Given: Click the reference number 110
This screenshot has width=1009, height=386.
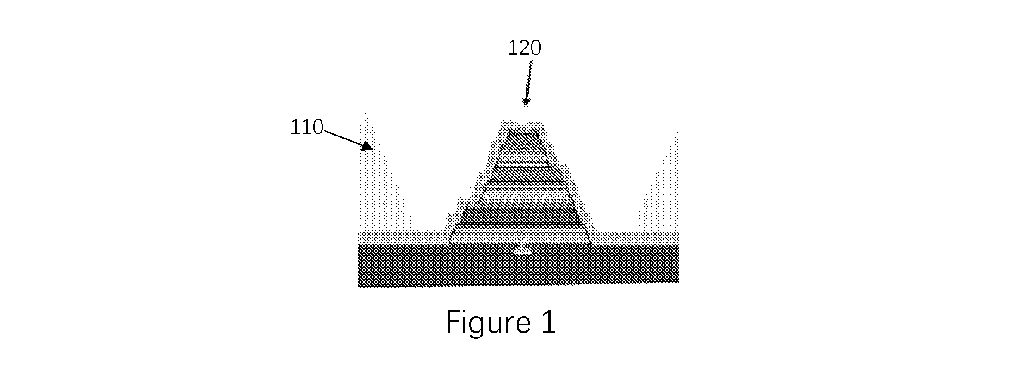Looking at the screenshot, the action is point(306,127).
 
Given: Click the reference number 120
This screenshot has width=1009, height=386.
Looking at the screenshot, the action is point(525,48).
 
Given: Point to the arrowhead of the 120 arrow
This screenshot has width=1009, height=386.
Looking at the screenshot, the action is point(525,102).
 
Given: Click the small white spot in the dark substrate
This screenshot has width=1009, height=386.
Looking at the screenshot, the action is point(524,250).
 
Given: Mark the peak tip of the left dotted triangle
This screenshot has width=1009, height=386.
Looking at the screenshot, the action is point(366,114).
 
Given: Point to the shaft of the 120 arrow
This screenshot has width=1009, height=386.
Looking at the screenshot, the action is point(528,79).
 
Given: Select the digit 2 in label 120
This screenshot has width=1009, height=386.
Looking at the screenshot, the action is point(525,48).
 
